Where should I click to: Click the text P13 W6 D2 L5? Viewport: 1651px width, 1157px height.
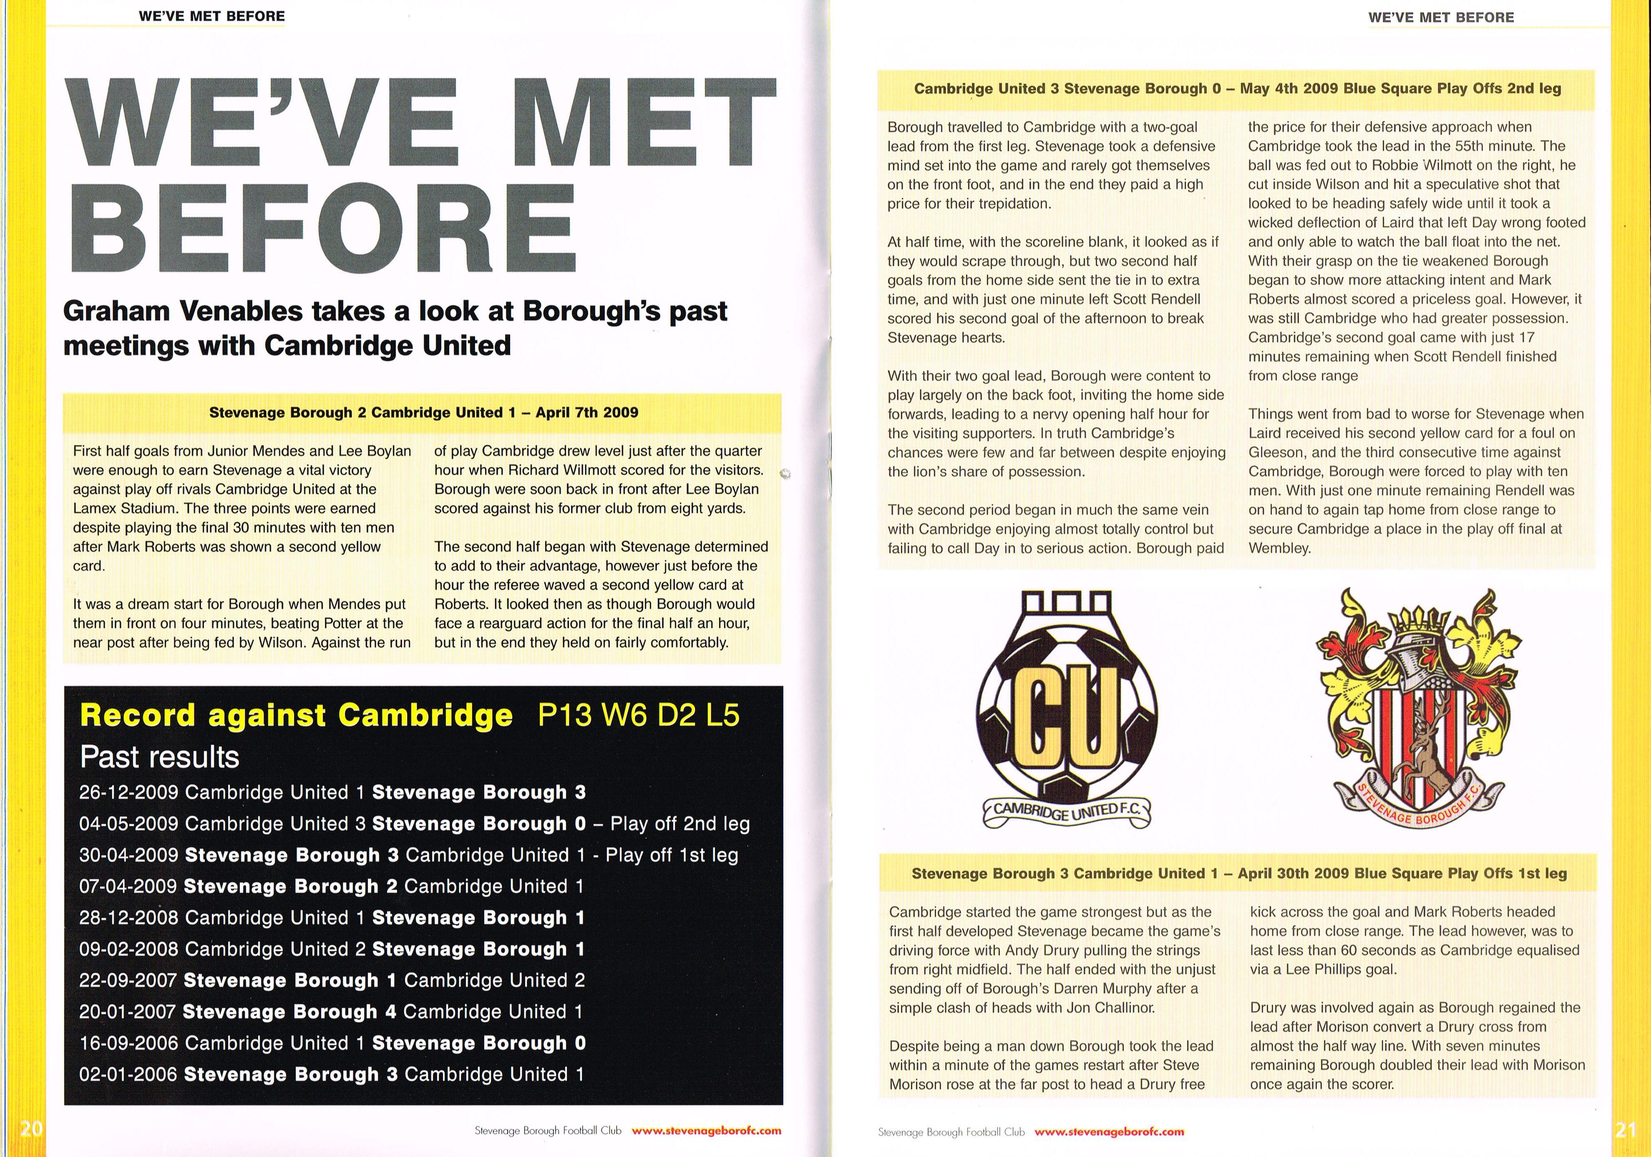[x=639, y=715]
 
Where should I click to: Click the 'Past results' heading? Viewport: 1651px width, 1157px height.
[x=160, y=757]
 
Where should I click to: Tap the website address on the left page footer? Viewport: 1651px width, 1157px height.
[x=706, y=1130]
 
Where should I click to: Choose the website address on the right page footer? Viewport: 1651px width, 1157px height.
[x=1109, y=1132]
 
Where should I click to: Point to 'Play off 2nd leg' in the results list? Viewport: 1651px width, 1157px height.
[x=680, y=824]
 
